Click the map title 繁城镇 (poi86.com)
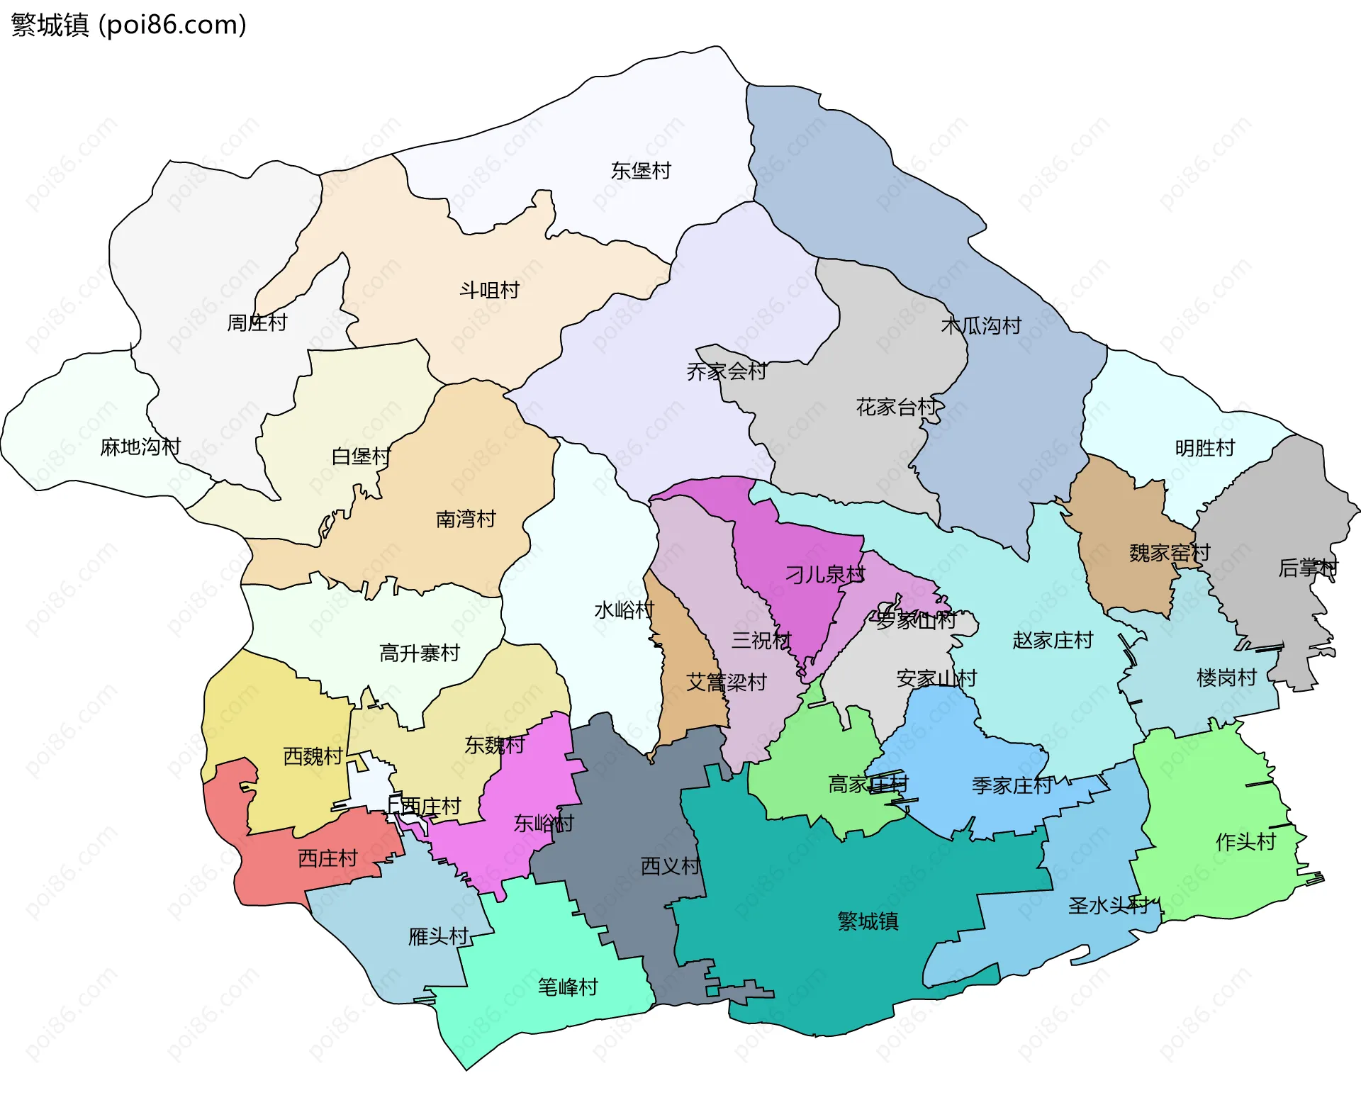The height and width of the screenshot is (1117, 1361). [128, 25]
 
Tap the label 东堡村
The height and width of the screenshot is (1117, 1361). [640, 171]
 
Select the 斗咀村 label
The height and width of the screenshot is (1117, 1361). [489, 291]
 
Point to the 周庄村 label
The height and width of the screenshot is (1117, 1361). [257, 323]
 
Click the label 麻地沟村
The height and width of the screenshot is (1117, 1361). [140, 447]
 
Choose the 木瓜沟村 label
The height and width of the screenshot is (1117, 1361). [980, 326]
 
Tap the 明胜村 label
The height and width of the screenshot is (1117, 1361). [1204, 448]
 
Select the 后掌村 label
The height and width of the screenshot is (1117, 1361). [1307, 568]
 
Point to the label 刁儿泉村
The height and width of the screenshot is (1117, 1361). [824, 574]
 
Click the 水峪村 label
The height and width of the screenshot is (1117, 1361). [624, 610]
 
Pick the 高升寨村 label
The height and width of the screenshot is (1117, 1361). [420, 653]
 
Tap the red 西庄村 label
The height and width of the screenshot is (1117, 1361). [327, 858]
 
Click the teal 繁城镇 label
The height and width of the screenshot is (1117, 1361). [868, 921]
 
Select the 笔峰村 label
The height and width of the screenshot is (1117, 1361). [568, 987]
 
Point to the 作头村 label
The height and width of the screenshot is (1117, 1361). [1245, 842]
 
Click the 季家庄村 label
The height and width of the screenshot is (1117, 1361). [1012, 785]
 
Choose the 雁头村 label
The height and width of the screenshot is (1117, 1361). [438, 937]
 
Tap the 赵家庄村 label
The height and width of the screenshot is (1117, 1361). [1053, 641]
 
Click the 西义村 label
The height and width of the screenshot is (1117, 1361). [670, 866]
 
